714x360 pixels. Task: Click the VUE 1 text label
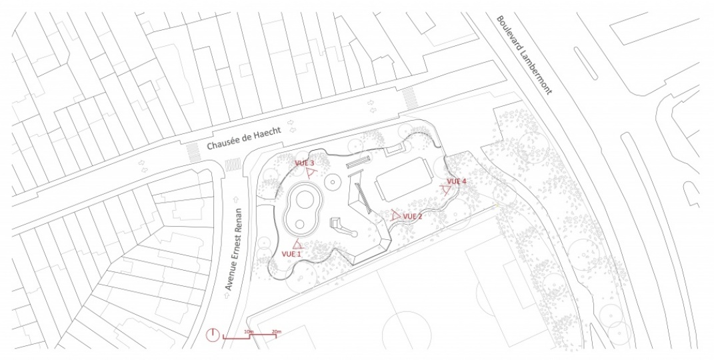coord(291,254)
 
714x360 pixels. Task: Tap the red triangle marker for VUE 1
coord(297,245)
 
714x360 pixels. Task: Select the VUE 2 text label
coord(413,216)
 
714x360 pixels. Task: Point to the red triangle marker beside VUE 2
coord(395,215)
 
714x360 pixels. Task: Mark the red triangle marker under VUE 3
coord(310,172)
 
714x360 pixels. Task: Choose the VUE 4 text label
coord(456,181)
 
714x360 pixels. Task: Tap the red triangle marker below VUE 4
coord(445,190)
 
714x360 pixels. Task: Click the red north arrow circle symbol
coord(213,335)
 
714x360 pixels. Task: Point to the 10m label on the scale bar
coord(249,331)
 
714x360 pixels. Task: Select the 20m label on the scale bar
coord(276,331)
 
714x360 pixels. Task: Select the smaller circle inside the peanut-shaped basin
coord(300,223)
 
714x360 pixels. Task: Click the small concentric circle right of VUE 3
coord(331,181)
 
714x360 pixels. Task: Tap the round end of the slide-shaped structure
coord(355,234)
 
